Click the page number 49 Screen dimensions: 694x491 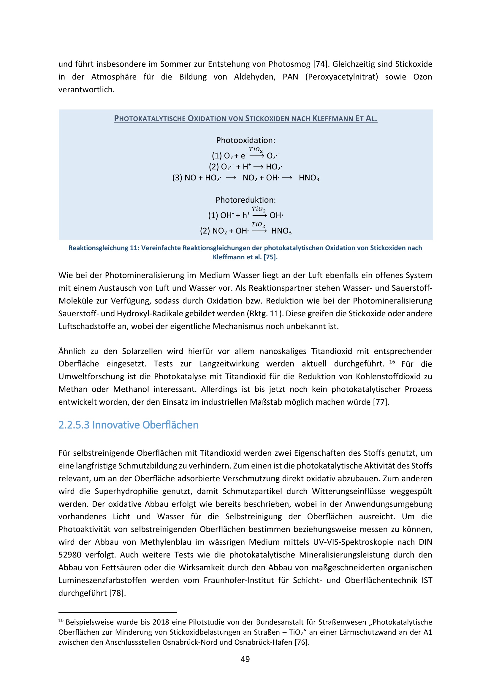245,659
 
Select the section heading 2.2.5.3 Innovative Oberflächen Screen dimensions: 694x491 128,425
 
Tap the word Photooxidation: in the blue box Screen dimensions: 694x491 246,140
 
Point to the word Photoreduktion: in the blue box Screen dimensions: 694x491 246,200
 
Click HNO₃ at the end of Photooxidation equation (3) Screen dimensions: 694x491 309,178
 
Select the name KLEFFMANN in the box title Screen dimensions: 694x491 332,118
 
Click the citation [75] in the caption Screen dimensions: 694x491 271,257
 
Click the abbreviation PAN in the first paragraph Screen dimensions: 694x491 290,77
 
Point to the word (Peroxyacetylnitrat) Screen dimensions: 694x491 342,77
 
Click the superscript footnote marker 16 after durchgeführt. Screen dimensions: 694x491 392,362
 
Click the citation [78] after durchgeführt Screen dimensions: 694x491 117,593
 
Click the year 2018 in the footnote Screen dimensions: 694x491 161,622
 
